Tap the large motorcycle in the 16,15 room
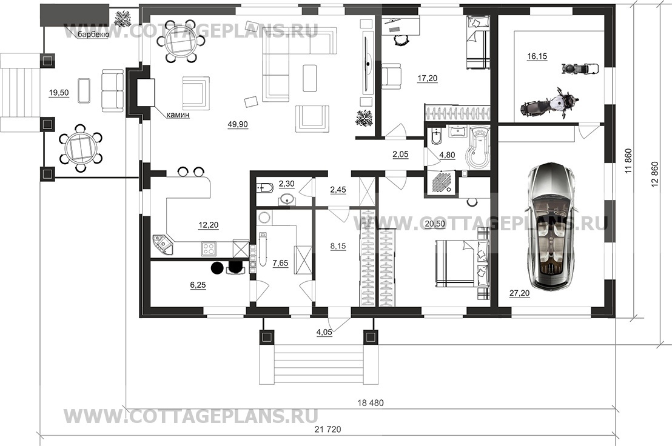pyautogui.click(x=548, y=103)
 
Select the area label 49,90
pyautogui.click(x=237, y=125)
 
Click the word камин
pyautogui.click(x=178, y=115)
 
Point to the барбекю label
pyautogui.click(x=93, y=35)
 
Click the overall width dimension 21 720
pyautogui.click(x=328, y=429)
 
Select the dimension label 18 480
pyautogui.click(x=371, y=403)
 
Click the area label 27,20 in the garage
pyautogui.click(x=519, y=293)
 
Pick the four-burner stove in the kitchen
pyautogui.click(x=209, y=248)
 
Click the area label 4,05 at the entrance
pyautogui.click(x=324, y=332)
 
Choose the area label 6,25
pyautogui.click(x=198, y=285)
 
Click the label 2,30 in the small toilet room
pyautogui.click(x=286, y=184)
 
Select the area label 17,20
pyautogui.click(x=428, y=78)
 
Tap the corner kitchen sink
pyautogui.click(x=164, y=245)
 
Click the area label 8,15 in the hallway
pyautogui.click(x=338, y=246)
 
